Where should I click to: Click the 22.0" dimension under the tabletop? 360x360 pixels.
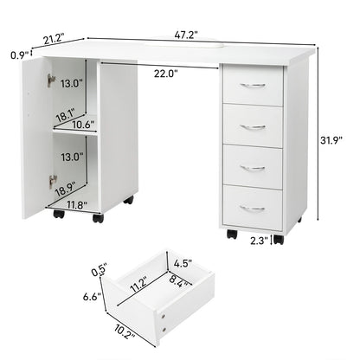coord(167,74)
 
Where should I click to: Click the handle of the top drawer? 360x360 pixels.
coord(252,85)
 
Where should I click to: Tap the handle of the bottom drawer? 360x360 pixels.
coord(252,208)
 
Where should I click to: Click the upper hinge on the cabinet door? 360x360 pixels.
coord(52,80)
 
